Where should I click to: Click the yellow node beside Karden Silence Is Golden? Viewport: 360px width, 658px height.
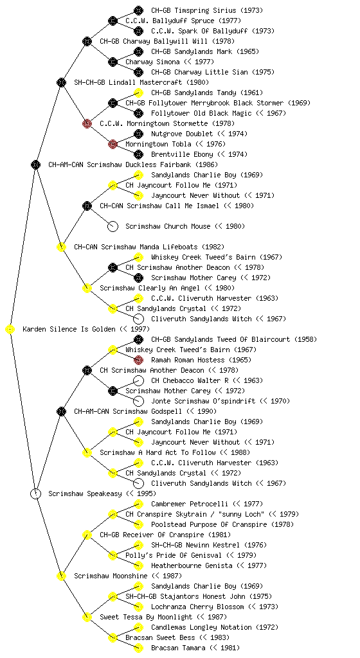[x=10, y=330]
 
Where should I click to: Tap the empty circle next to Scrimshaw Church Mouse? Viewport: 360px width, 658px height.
[x=113, y=227]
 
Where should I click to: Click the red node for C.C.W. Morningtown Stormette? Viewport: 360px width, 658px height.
[x=87, y=123]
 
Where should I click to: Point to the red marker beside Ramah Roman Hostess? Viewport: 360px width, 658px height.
[x=138, y=360]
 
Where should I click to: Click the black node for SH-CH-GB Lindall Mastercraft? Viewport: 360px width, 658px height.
[x=61, y=82]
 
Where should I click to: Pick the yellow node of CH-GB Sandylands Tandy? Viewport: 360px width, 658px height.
[x=138, y=93]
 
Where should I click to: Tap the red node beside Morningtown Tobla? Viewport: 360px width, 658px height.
[x=113, y=144]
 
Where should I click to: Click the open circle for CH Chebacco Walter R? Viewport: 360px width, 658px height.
[x=138, y=380]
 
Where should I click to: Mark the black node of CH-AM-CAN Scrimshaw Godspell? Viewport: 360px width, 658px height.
[x=61, y=411]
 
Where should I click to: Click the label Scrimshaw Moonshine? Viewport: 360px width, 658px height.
[x=111, y=576]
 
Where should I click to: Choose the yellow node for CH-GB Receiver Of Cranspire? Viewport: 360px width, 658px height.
[x=87, y=535]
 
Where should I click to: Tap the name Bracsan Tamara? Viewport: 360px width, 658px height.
[x=178, y=648]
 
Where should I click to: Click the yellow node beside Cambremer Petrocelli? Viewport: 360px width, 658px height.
[x=138, y=504]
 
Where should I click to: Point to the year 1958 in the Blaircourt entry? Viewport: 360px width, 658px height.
[x=305, y=339]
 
